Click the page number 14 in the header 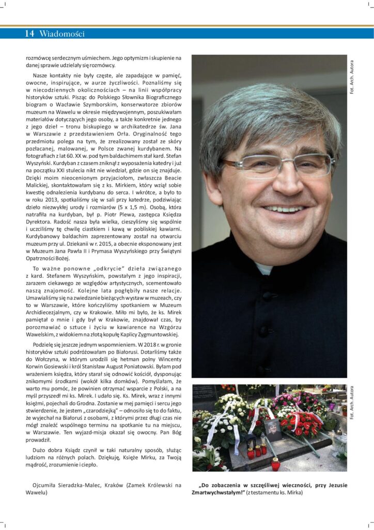(29, 34)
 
